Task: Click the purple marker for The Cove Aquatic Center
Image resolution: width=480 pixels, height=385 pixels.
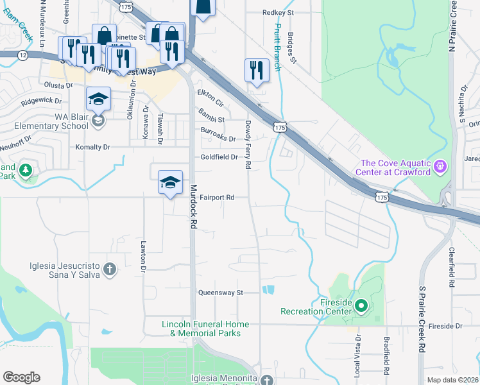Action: [x=440, y=167]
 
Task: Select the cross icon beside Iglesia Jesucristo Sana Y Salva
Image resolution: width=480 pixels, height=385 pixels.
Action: [x=110, y=268]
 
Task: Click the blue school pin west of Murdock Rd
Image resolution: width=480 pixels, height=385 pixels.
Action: [x=170, y=183]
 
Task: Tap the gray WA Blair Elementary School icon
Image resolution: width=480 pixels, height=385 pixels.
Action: [x=98, y=119]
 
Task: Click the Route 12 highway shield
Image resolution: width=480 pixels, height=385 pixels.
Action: [x=23, y=55]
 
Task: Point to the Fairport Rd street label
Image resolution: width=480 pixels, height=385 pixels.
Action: [x=216, y=198]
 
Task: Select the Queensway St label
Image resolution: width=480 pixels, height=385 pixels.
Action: [x=223, y=292]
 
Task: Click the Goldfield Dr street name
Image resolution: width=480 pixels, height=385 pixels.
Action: [x=219, y=157]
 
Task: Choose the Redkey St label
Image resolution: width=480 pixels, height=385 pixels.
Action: [x=277, y=12]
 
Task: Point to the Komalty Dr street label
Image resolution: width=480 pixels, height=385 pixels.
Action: [x=93, y=147]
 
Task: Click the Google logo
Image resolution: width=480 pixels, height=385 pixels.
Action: [x=21, y=377]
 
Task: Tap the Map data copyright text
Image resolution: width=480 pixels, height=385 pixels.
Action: [x=452, y=380]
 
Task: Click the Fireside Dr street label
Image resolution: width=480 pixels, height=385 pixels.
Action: [x=445, y=326]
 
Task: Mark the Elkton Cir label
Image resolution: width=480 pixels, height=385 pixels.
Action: [x=210, y=98]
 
